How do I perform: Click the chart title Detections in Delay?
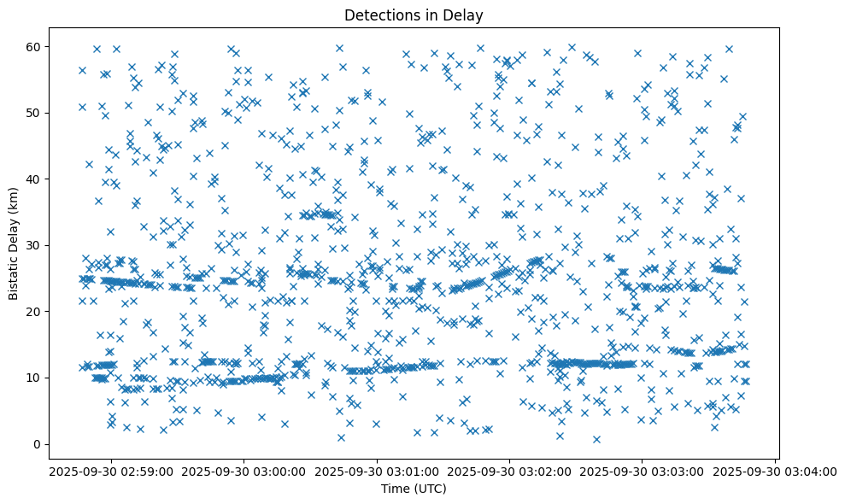pos(414,15)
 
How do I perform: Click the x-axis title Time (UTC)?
pos(414,489)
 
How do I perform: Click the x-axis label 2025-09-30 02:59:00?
pos(112,471)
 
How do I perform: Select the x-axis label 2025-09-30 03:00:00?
pos(244,471)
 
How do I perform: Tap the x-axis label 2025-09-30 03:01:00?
pos(378,471)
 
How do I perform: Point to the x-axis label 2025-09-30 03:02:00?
pos(510,471)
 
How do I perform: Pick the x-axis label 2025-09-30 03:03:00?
pos(643,471)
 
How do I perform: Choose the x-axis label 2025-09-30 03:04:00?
pos(776,471)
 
